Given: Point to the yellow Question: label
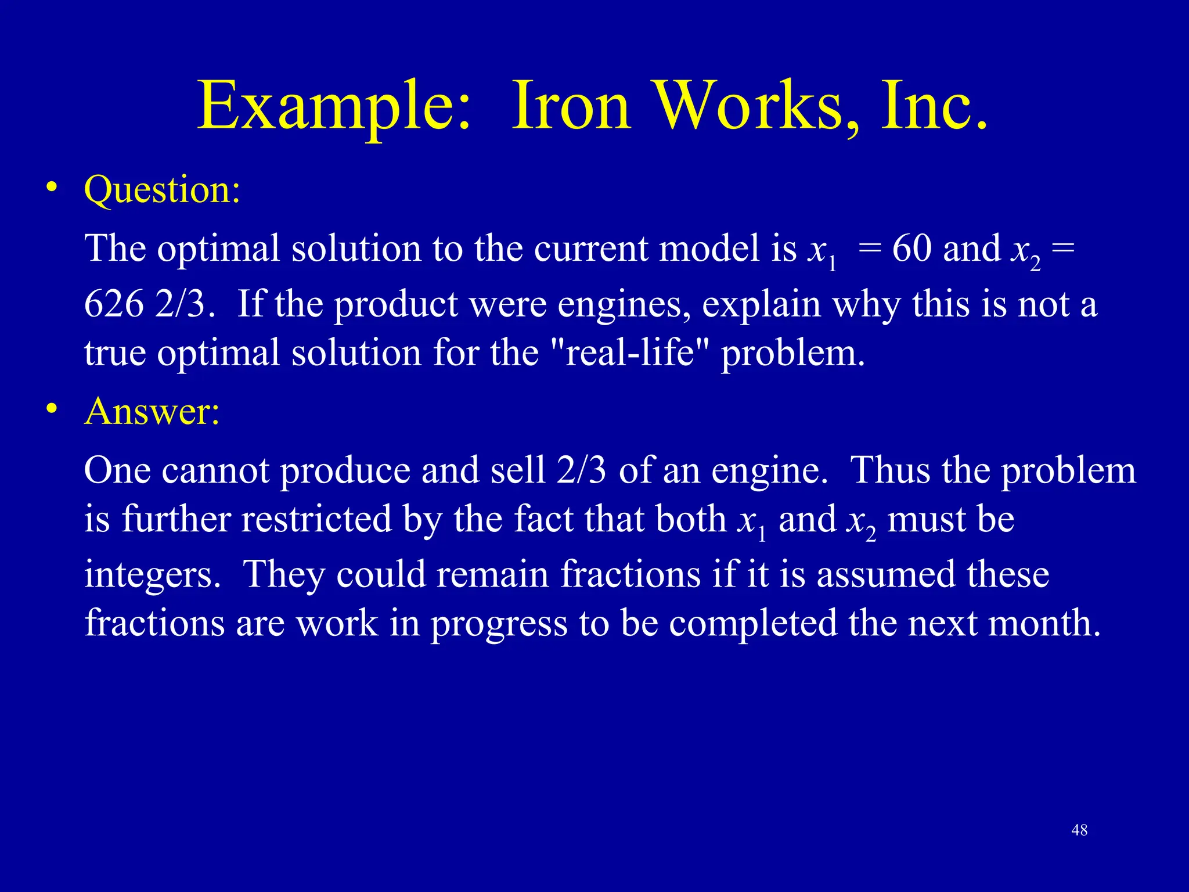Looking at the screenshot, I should [162, 190].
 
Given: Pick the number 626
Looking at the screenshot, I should [114, 304].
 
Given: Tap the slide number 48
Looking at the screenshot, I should [1079, 830].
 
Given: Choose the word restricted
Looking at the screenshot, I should [316, 519].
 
